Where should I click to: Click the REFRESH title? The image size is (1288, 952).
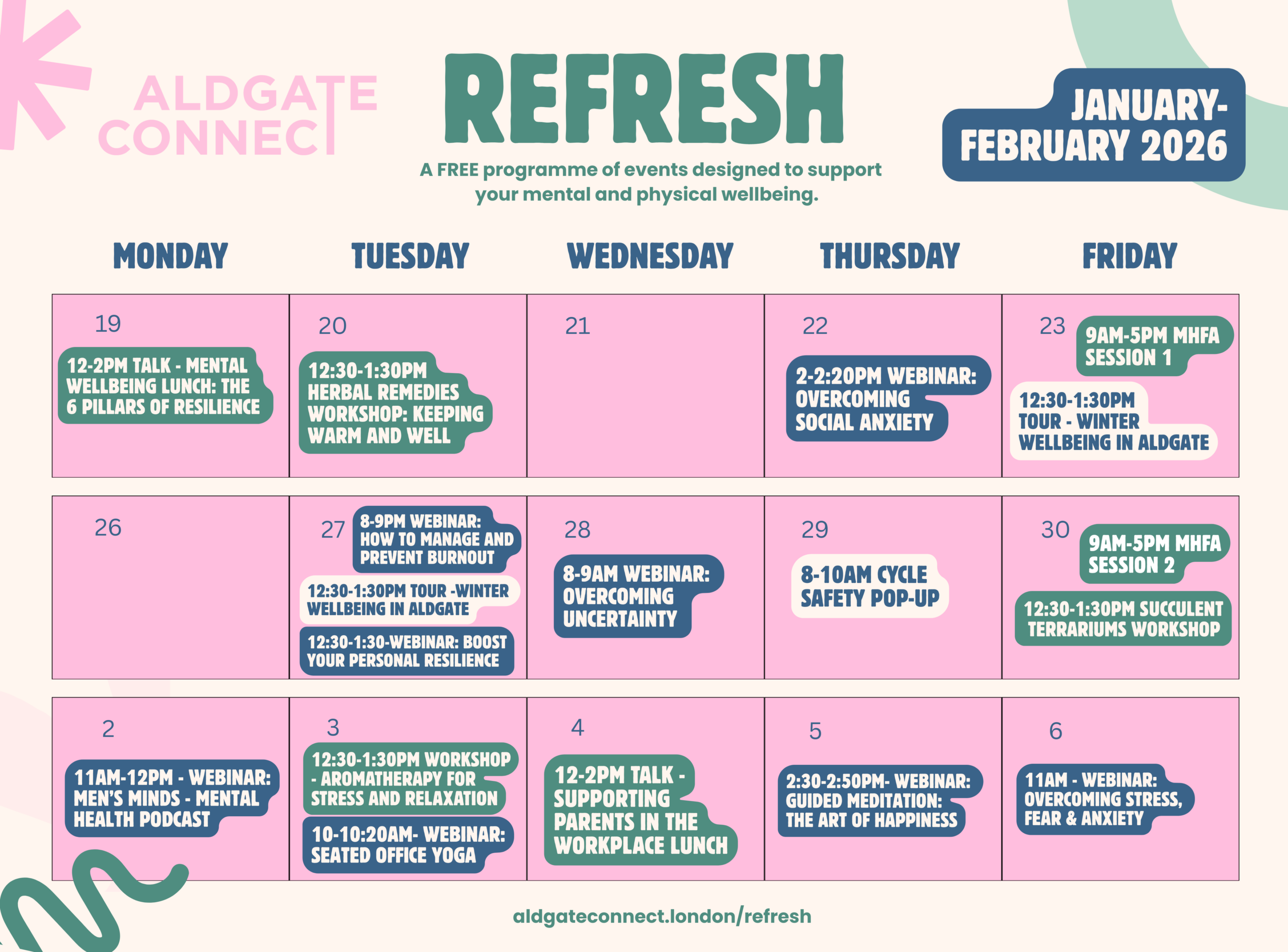point(644,98)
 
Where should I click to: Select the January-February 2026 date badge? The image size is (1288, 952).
point(1094,125)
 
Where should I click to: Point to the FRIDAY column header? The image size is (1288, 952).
point(1130,256)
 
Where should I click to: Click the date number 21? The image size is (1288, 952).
point(577,326)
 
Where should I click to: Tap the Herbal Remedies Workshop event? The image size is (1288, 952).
point(395,403)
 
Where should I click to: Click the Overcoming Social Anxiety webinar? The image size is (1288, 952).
point(889,399)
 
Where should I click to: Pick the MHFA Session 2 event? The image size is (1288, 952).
point(1155,554)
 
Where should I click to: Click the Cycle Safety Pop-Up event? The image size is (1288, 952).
point(870,586)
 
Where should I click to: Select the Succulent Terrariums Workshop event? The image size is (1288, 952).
point(1123,619)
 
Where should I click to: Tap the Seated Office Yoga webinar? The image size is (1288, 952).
point(408,845)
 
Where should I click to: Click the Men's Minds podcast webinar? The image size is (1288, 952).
point(172,798)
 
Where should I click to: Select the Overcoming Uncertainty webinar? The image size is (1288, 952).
point(639,596)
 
